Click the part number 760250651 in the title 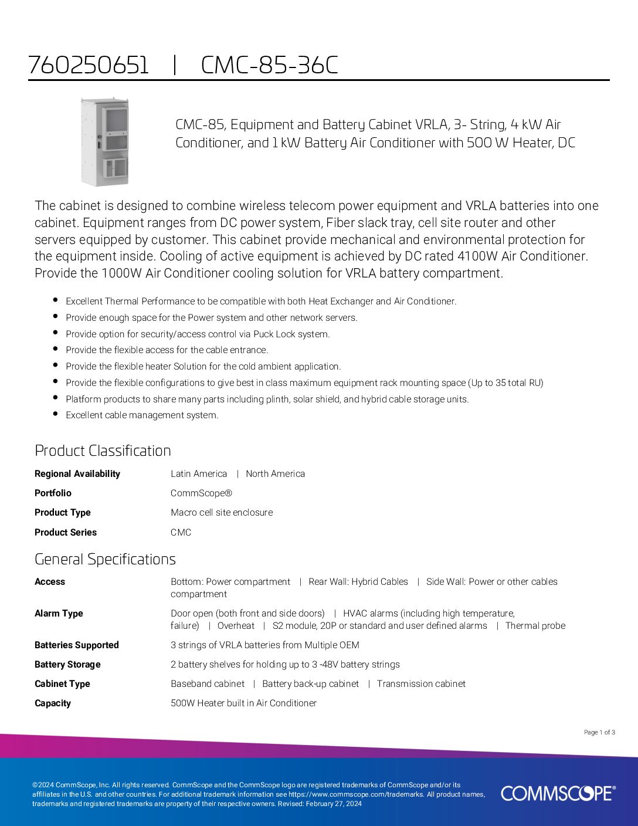[x=89, y=65]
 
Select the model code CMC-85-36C [x=269, y=65]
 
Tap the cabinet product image [x=104, y=141]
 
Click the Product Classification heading [x=103, y=451]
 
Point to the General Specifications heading [x=105, y=559]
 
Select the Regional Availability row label [x=77, y=474]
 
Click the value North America [x=275, y=474]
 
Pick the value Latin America [x=199, y=474]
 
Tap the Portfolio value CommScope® [x=201, y=493]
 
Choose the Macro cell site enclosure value [x=222, y=513]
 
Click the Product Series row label [x=65, y=533]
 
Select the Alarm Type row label [x=59, y=614]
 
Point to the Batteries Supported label [x=76, y=645]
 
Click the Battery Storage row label [x=67, y=665]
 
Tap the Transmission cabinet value [x=421, y=684]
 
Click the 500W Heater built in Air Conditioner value [x=243, y=703]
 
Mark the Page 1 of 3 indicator [x=599, y=732]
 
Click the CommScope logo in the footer [x=558, y=793]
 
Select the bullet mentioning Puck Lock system [x=198, y=334]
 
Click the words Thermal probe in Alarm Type [x=535, y=626]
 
